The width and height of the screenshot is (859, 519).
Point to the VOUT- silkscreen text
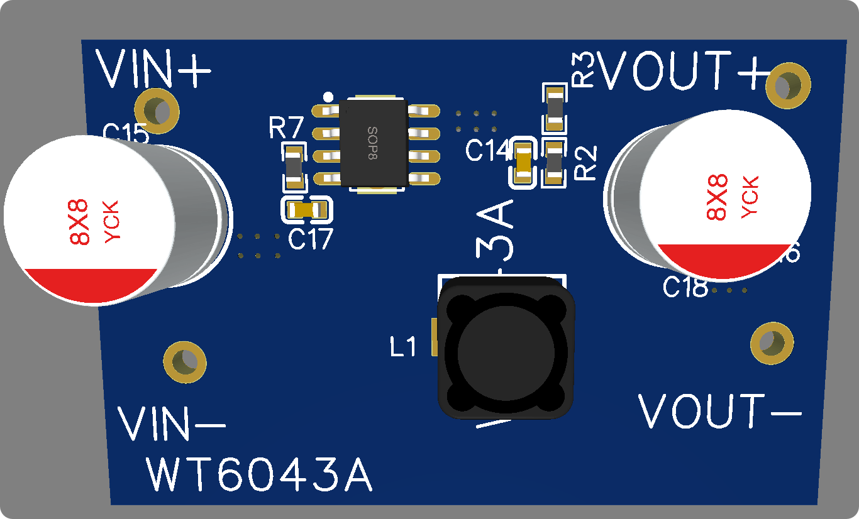719,412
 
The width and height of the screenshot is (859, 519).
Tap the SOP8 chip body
373,143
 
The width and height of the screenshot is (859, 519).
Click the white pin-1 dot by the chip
327,97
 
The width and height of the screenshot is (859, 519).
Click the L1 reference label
403,346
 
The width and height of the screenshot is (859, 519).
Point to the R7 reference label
286,129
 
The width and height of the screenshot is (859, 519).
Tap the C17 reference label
310,239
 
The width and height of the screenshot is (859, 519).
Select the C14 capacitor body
523,163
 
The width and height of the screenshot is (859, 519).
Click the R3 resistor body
554,109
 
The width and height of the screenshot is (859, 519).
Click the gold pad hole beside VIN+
157,111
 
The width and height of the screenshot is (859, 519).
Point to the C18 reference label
685,288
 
